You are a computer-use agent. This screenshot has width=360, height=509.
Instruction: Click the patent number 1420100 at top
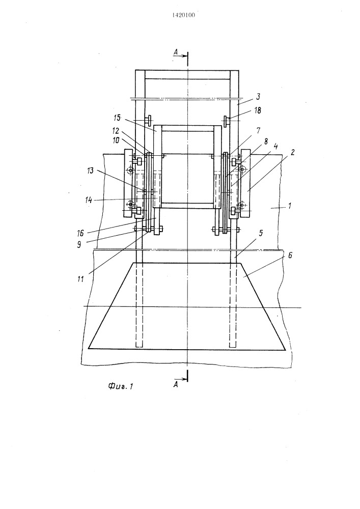point(183,15)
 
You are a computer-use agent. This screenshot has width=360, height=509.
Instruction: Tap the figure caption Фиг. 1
point(121,386)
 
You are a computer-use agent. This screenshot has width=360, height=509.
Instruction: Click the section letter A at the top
point(175,51)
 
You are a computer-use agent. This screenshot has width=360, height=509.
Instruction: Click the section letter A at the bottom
point(175,385)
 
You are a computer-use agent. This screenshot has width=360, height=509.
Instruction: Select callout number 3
point(258,96)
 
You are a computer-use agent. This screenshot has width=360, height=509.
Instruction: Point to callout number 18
point(258,110)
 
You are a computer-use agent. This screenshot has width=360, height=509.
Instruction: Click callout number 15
point(117,118)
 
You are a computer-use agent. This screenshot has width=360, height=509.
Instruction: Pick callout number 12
point(116,131)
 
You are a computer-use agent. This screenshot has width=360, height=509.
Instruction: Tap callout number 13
point(90,171)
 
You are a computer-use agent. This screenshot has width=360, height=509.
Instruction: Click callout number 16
point(80,233)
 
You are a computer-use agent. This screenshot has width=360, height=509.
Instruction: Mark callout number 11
point(80,279)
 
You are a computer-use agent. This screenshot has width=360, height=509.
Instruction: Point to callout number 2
point(292,152)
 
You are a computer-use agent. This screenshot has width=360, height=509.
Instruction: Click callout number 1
point(290,206)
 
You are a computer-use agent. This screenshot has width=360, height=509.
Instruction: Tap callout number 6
point(290,256)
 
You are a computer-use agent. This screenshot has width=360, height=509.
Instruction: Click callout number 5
point(261,234)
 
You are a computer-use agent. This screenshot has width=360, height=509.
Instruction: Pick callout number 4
point(275,146)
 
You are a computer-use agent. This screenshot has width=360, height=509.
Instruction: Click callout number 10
point(116,140)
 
